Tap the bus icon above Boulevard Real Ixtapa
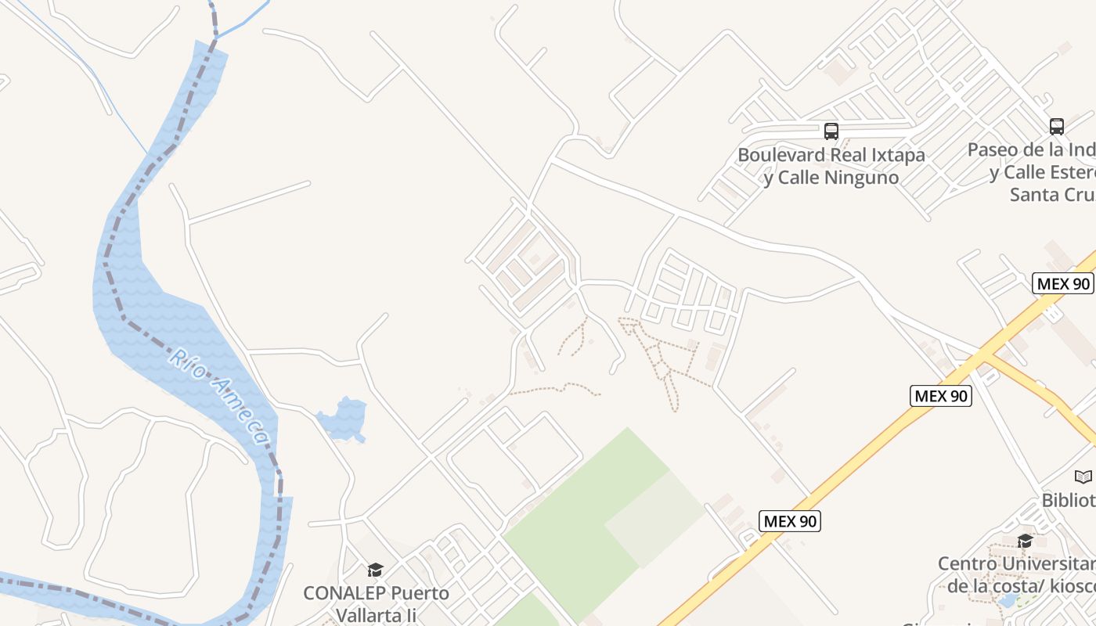click(831, 131)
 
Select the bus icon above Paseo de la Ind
click(1057, 127)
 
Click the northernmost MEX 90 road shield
click(1062, 283)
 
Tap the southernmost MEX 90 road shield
click(790, 521)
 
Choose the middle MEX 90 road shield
click(942, 396)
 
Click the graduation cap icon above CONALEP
click(376, 570)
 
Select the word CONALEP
click(342, 593)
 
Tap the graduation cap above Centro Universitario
click(1025, 541)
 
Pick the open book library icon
click(1083, 477)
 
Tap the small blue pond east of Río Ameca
click(343, 419)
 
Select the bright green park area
click(579, 524)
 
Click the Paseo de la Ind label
click(1030, 149)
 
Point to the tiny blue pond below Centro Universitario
click(1007, 601)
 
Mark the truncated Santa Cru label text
click(1051, 194)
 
